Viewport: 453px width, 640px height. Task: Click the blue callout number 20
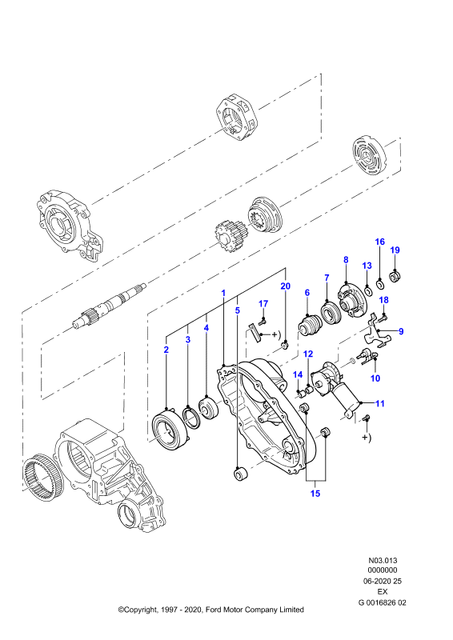click(x=285, y=286)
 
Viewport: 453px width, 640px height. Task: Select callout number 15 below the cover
click(x=315, y=494)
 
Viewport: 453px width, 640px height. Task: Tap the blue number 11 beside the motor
click(x=380, y=404)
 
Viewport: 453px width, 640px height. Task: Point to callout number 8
click(x=346, y=259)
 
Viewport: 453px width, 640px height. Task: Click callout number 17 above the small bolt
click(x=263, y=304)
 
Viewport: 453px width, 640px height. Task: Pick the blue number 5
click(x=238, y=310)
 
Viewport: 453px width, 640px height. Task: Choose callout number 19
click(x=395, y=250)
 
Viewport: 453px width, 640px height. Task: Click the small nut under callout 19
click(x=395, y=277)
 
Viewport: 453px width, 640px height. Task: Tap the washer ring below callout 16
click(x=380, y=283)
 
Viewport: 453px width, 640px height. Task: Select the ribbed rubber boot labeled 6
click(x=311, y=326)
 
